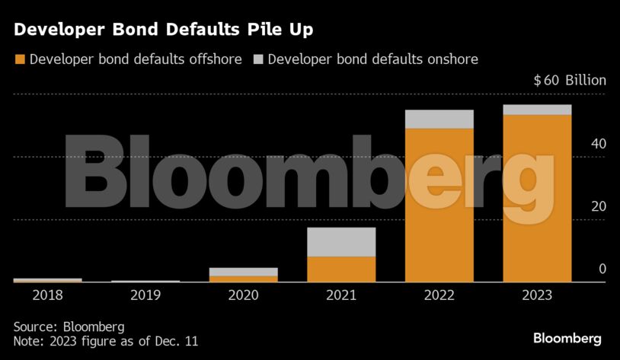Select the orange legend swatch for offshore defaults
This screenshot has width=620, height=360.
coord(20,59)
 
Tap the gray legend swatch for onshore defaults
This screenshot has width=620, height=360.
coord(258,59)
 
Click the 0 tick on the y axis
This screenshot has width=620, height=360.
coord(602,269)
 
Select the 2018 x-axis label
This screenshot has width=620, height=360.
coord(47,295)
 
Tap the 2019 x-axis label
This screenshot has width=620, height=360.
coord(145,295)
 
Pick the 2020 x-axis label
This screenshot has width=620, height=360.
coord(243,295)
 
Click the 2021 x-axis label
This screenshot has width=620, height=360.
coord(341,295)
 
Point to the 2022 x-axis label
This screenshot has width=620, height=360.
coord(439,295)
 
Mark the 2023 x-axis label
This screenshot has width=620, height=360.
coord(537,295)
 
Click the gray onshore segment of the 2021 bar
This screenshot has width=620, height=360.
coord(341,242)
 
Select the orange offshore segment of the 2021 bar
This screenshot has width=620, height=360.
coord(341,269)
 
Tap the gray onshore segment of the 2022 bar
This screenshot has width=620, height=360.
coord(439,119)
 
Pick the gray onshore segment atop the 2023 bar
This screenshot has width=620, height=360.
coord(537,110)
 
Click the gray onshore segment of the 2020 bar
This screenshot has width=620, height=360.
coord(243,272)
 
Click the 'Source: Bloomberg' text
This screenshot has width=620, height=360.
coord(69,327)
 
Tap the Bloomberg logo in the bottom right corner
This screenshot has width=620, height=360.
coord(567,338)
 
